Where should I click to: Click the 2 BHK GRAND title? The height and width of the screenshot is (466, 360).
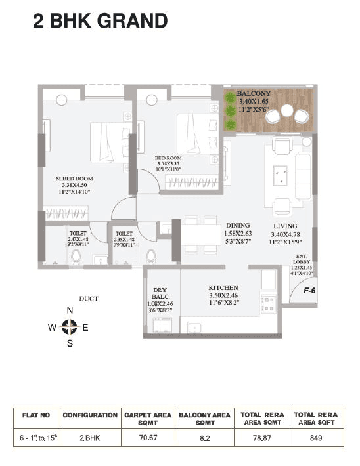100,21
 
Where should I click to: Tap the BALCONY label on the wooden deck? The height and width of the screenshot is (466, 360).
269,94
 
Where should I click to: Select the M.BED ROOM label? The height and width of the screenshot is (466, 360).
74,179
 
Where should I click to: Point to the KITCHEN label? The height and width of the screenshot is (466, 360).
223,288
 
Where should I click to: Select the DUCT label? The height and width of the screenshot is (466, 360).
89,299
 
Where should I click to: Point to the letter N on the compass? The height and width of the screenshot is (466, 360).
70,310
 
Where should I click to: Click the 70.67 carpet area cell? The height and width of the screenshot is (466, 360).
147,438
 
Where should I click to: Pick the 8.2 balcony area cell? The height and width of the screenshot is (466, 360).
204,438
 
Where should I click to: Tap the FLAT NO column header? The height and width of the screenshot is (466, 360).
35,415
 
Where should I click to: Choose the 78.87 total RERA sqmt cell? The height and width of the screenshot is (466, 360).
262,438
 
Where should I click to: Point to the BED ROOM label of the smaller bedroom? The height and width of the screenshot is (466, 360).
169,158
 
